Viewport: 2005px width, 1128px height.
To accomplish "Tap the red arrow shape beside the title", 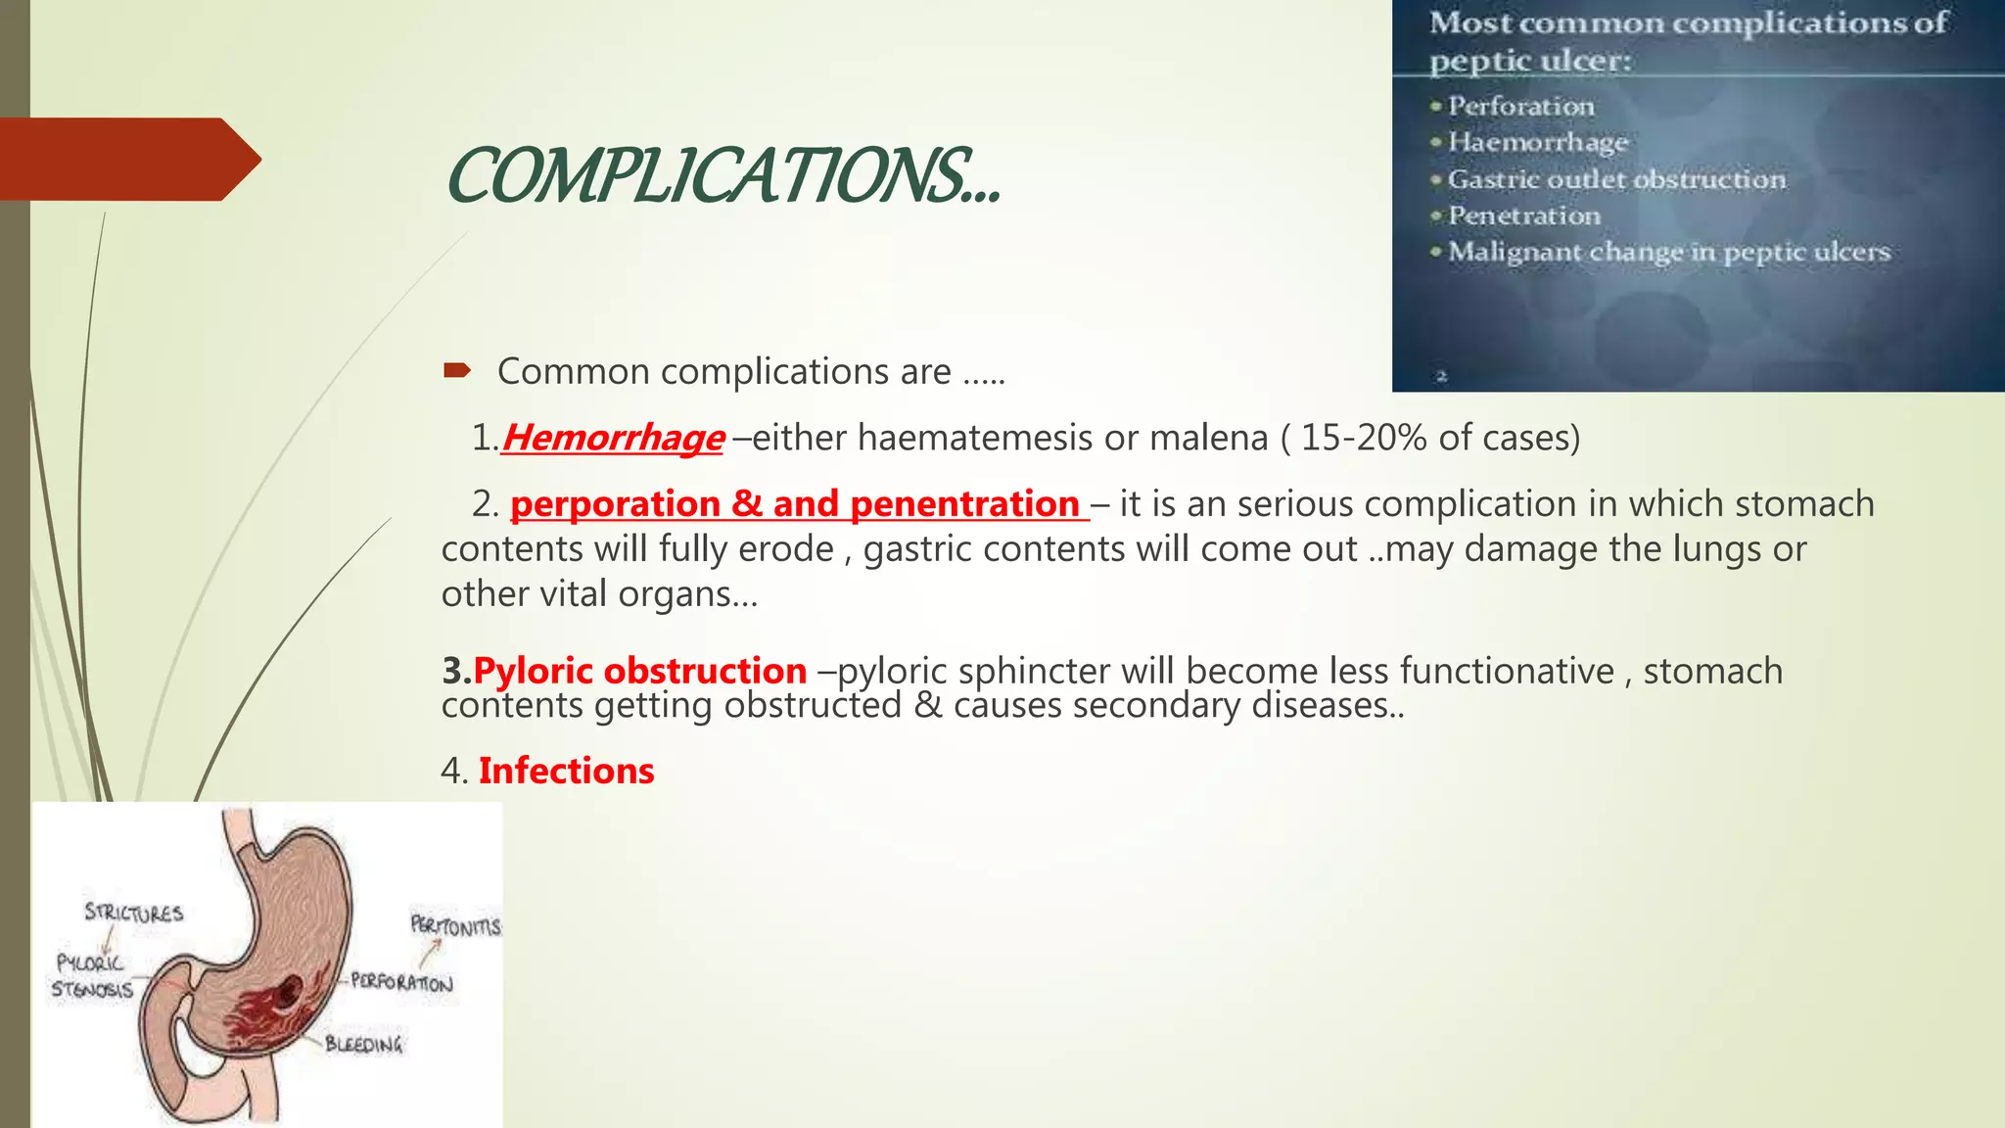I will (127, 160).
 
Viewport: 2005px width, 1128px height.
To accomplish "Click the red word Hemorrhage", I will (613, 438).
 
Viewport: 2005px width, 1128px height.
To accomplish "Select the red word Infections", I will (566, 771).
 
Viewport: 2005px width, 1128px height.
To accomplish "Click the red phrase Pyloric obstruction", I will (639, 671).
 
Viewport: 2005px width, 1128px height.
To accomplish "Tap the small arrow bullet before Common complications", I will (457, 370).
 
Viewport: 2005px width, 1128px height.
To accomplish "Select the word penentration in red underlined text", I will (964, 504).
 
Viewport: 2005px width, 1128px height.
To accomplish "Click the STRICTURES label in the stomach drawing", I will (134, 913).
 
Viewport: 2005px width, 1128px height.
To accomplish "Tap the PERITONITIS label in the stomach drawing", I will (455, 925).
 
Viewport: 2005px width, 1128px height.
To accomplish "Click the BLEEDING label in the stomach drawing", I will (364, 1045).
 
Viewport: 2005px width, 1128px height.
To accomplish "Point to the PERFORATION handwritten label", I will (401, 982).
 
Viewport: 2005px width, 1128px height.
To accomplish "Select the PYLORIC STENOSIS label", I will (91, 976).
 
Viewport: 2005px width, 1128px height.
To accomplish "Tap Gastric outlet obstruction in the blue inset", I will (1616, 179).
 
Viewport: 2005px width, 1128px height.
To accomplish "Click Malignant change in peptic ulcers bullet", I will (1668, 252).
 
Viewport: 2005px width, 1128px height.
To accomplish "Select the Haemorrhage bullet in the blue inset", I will (1537, 142).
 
